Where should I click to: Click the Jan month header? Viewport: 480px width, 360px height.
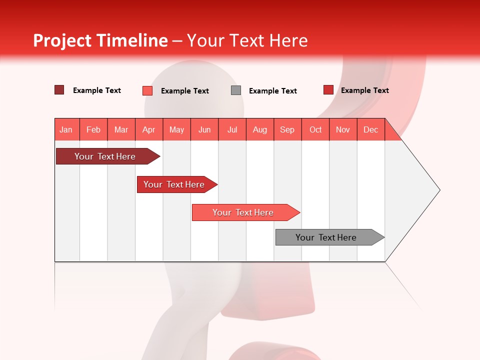(66, 129)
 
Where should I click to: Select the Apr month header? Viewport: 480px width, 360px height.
(149, 129)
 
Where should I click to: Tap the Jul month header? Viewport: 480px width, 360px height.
(232, 129)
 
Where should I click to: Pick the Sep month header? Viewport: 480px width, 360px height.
(287, 129)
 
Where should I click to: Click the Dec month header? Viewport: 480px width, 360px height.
(370, 129)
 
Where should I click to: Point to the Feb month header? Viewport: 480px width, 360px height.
(93, 129)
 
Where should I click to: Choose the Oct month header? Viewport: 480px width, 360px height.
(315, 129)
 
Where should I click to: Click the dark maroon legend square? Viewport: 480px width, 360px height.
(59, 90)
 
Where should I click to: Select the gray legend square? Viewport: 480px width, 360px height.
(236, 90)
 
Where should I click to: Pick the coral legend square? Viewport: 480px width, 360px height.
(147, 90)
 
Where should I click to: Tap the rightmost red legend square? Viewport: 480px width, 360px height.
(328, 90)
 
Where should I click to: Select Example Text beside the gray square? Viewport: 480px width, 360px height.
(272, 91)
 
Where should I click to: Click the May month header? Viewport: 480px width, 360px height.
(176, 129)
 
